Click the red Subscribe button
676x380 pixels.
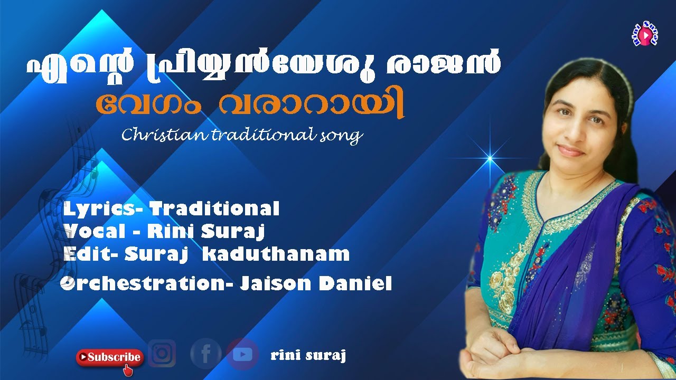110,357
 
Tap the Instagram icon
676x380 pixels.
162,353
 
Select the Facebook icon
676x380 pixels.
205,354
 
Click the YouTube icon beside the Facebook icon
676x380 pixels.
242,354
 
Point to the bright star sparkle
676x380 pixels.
490,157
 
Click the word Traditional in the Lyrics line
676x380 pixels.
214,209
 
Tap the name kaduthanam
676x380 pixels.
276,254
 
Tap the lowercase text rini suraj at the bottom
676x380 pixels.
308,356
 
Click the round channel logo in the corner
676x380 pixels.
644,35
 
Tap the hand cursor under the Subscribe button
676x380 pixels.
127,370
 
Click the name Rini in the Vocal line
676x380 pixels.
166,231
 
